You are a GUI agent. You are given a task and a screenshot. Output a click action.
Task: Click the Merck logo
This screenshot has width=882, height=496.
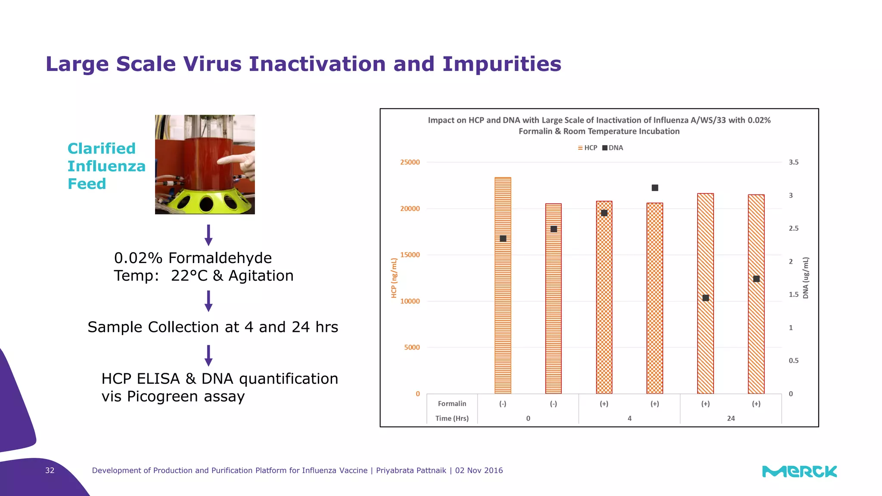click(799, 471)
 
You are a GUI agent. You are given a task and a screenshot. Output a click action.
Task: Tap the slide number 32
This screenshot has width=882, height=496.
click(50, 471)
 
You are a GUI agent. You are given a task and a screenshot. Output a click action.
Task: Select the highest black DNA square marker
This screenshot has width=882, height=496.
click(655, 188)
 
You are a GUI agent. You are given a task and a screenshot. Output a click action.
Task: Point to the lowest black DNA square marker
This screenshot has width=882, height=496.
click(705, 298)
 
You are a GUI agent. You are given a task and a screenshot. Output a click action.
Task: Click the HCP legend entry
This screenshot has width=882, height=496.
click(587, 148)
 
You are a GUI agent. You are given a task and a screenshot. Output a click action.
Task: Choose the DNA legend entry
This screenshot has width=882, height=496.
click(613, 148)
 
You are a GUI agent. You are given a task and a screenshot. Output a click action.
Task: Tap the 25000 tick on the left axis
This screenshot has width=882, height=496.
click(410, 162)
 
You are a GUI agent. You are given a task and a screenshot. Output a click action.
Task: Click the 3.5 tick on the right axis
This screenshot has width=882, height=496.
click(793, 162)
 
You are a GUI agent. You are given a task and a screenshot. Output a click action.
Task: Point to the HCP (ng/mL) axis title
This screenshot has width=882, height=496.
click(394, 278)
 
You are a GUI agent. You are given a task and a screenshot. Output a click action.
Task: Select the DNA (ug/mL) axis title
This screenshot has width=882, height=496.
click(806, 278)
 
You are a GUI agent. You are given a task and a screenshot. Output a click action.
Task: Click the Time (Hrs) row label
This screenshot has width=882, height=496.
click(452, 418)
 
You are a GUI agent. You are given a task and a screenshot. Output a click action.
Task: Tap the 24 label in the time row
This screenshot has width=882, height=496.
click(731, 418)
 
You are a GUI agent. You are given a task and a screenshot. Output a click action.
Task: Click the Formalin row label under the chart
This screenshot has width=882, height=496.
click(452, 403)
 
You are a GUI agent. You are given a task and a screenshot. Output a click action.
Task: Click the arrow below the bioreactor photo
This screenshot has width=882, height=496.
click(208, 235)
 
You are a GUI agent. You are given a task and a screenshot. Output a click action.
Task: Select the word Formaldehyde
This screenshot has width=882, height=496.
click(220, 258)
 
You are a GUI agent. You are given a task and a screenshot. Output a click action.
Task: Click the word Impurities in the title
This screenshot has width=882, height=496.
click(502, 64)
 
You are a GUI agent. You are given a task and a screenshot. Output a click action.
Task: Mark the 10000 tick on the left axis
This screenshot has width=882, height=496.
click(410, 301)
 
